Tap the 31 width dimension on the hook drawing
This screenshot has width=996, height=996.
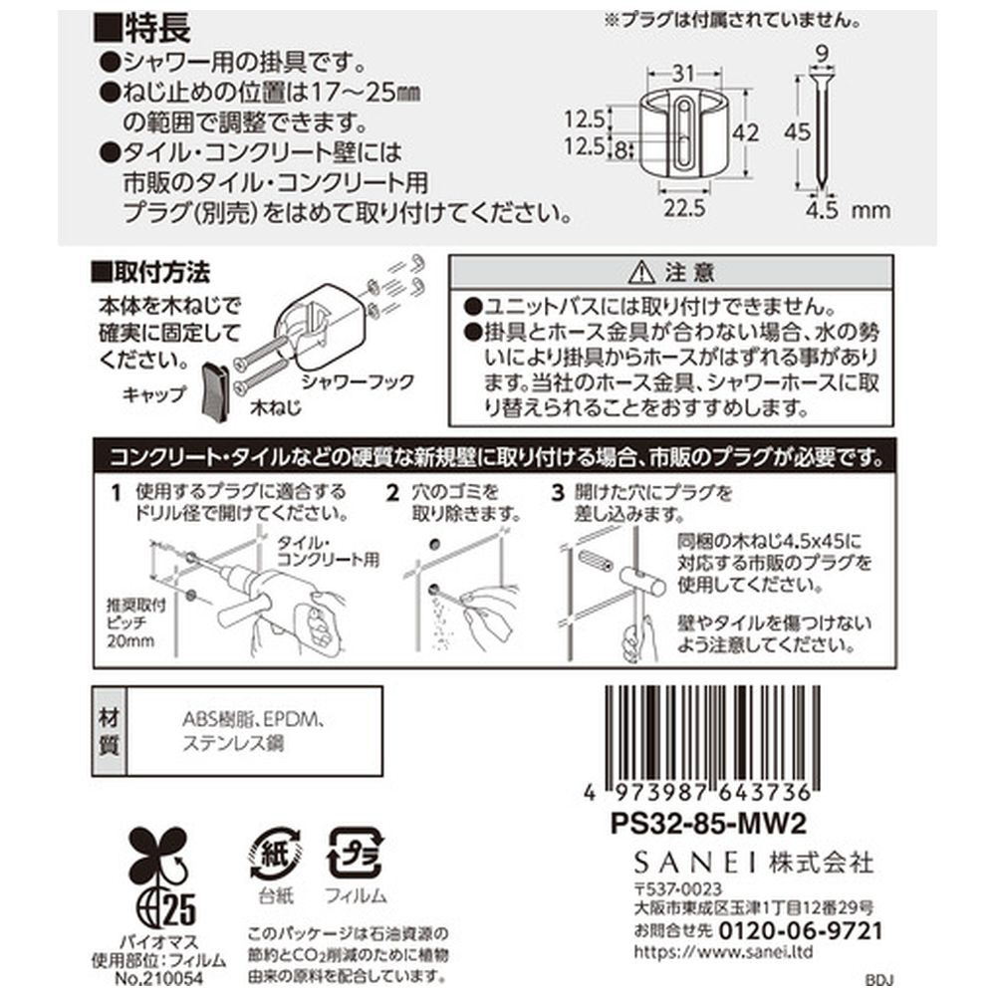coord(683,74)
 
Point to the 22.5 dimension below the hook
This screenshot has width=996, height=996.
coord(684,208)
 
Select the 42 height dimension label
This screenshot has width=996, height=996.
coord(744,132)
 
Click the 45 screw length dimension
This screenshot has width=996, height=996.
coord(797,132)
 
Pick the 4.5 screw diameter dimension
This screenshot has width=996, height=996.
coord(822,210)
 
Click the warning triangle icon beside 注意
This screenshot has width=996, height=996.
coord(640,273)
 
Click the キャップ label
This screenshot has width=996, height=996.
coord(153,394)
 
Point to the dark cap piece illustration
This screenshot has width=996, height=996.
coord(214,390)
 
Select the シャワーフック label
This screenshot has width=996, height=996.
coord(358,381)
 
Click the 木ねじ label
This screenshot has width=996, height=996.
coord(275,407)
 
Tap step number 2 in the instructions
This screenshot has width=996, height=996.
coord(393,493)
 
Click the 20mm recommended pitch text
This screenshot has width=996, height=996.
coord(130,640)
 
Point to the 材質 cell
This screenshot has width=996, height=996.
coord(110,731)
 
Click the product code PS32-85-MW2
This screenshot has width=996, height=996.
coord(708,824)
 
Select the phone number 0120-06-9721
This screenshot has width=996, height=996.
coord(801,931)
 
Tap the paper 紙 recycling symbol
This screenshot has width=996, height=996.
coord(275,855)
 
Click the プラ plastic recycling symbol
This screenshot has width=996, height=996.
coord(355,855)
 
